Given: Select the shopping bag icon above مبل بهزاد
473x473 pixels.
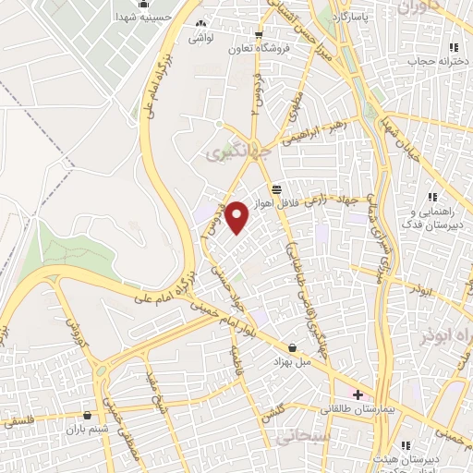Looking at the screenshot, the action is click(x=293, y=347).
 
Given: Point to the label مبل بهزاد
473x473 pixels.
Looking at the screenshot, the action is click(x=292, y=362).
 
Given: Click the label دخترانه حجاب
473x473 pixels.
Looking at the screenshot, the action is click(x=434, y=61).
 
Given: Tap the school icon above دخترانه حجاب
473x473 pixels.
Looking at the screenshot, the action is click(x=453, y=48).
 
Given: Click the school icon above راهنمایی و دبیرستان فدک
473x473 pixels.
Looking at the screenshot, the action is click(x=431, y=196).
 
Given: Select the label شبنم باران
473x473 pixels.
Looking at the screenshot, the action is click(x=88, y=430).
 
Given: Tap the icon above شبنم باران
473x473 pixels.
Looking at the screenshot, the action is click(x=88, y=416).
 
